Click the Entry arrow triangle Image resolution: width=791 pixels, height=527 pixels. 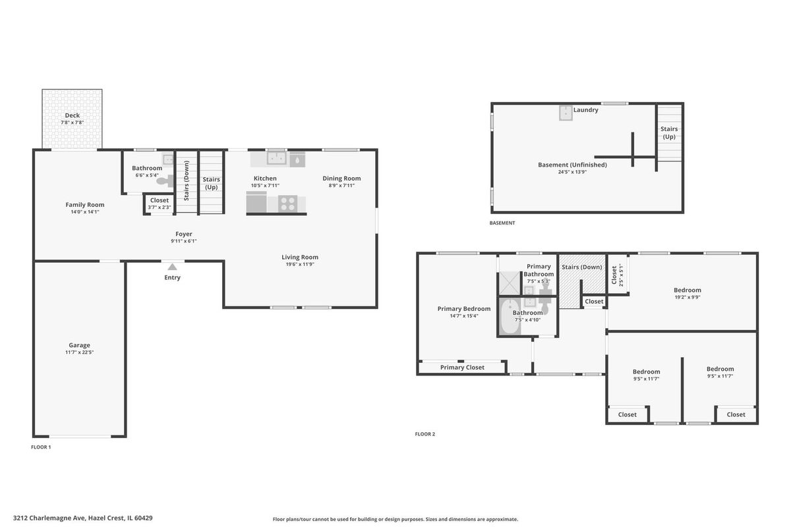tap(172, 267)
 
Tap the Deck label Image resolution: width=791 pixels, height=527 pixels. tap(72, 115)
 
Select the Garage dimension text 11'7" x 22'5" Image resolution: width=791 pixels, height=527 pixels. tap(79, 352)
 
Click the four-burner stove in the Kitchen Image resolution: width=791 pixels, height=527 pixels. tap(287, 204)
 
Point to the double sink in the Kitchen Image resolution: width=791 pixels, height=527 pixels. tap(276, 158)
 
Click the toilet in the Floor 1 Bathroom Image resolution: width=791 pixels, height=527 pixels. tap(165, 181)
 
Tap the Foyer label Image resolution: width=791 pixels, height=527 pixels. tap(184, 234)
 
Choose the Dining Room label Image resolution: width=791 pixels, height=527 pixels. tap(341, 179)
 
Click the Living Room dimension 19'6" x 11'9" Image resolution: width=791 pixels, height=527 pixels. tap(300, 264)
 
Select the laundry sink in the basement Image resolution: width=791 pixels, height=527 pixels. tap(566, 113)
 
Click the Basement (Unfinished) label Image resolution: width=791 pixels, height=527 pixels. tap(572, 165)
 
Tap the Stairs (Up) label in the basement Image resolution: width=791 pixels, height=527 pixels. tap(669, 132)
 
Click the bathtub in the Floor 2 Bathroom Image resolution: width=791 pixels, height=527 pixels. tap(509, 317)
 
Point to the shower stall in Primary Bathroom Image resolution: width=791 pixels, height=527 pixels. tap(509, 283)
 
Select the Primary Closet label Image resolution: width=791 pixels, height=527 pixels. tap(462, 368)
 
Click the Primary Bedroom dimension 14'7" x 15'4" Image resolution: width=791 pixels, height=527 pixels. tap(463, 316)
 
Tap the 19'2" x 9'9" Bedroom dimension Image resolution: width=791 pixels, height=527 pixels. tap(687, 297)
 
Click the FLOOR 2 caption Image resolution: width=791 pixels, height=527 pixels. tap(425, 434)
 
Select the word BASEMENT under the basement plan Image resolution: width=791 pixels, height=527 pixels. tap(502, 223)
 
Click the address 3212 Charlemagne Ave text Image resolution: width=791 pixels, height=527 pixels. tap(49, 518)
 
